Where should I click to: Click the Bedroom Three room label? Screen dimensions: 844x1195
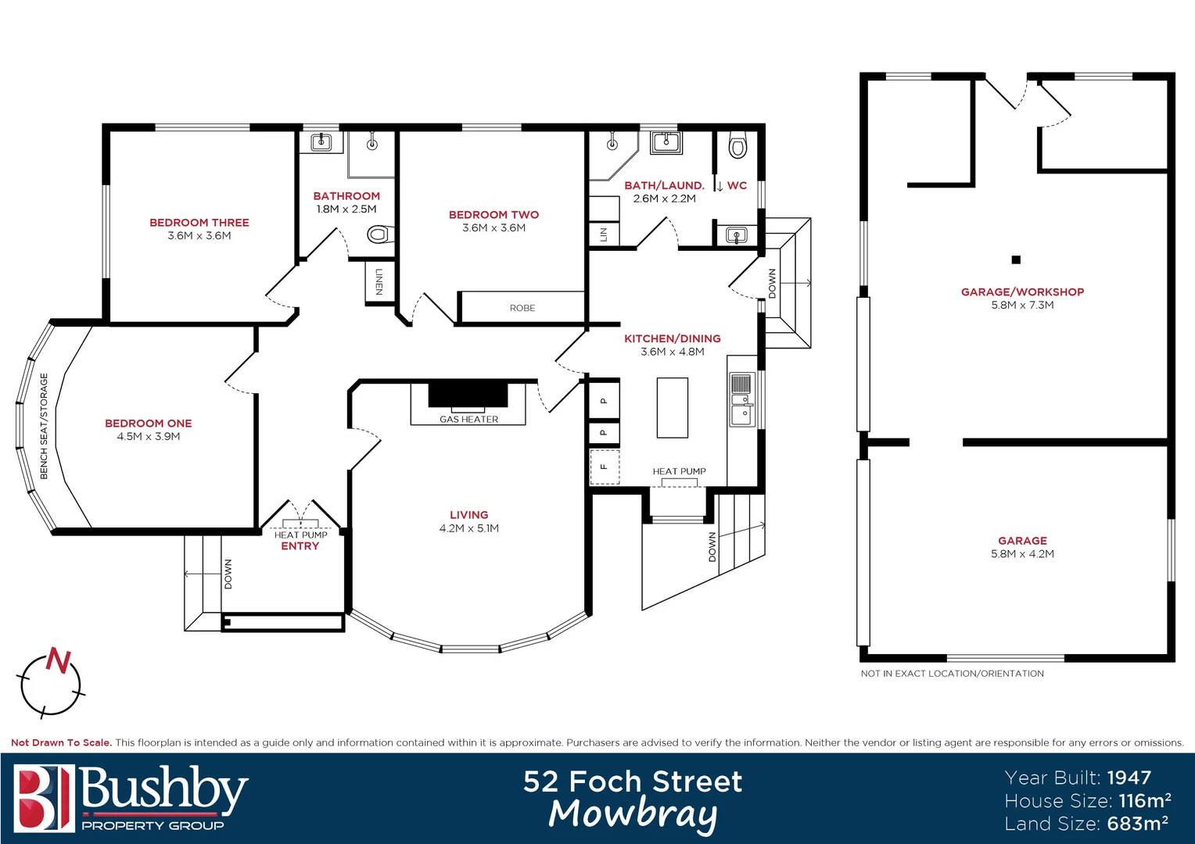click(x=199, y=223)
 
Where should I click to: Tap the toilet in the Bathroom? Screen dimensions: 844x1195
click(x=379, y=234)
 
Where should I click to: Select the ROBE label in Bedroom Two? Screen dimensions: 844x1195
click(x=522, y=308)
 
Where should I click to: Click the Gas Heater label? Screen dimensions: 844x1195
click(x=468, y=420)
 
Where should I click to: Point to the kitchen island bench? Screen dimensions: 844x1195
click(x=672, y=407)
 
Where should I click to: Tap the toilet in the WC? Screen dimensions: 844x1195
click(x=737, y=146)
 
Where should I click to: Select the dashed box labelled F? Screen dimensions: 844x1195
click(x=604, y=467)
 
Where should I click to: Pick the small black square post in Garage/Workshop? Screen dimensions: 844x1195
click(x=1016, y=259)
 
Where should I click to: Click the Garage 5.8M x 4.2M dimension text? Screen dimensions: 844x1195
click(x=1022, y=554)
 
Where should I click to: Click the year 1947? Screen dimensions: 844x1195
click(x=1129, y=778)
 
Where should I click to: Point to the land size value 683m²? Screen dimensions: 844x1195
click(x=1137, y=824)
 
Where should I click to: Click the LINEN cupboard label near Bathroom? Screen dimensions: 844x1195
click(x=379, y=281)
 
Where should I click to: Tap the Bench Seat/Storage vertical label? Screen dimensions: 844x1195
click(x=44, y=426)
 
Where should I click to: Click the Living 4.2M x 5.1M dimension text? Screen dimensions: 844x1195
click(x=468, y=528)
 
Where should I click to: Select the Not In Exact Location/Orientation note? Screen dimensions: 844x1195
click(x=952, y=674)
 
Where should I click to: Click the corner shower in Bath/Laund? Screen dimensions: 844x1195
click(x=612, y=154)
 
